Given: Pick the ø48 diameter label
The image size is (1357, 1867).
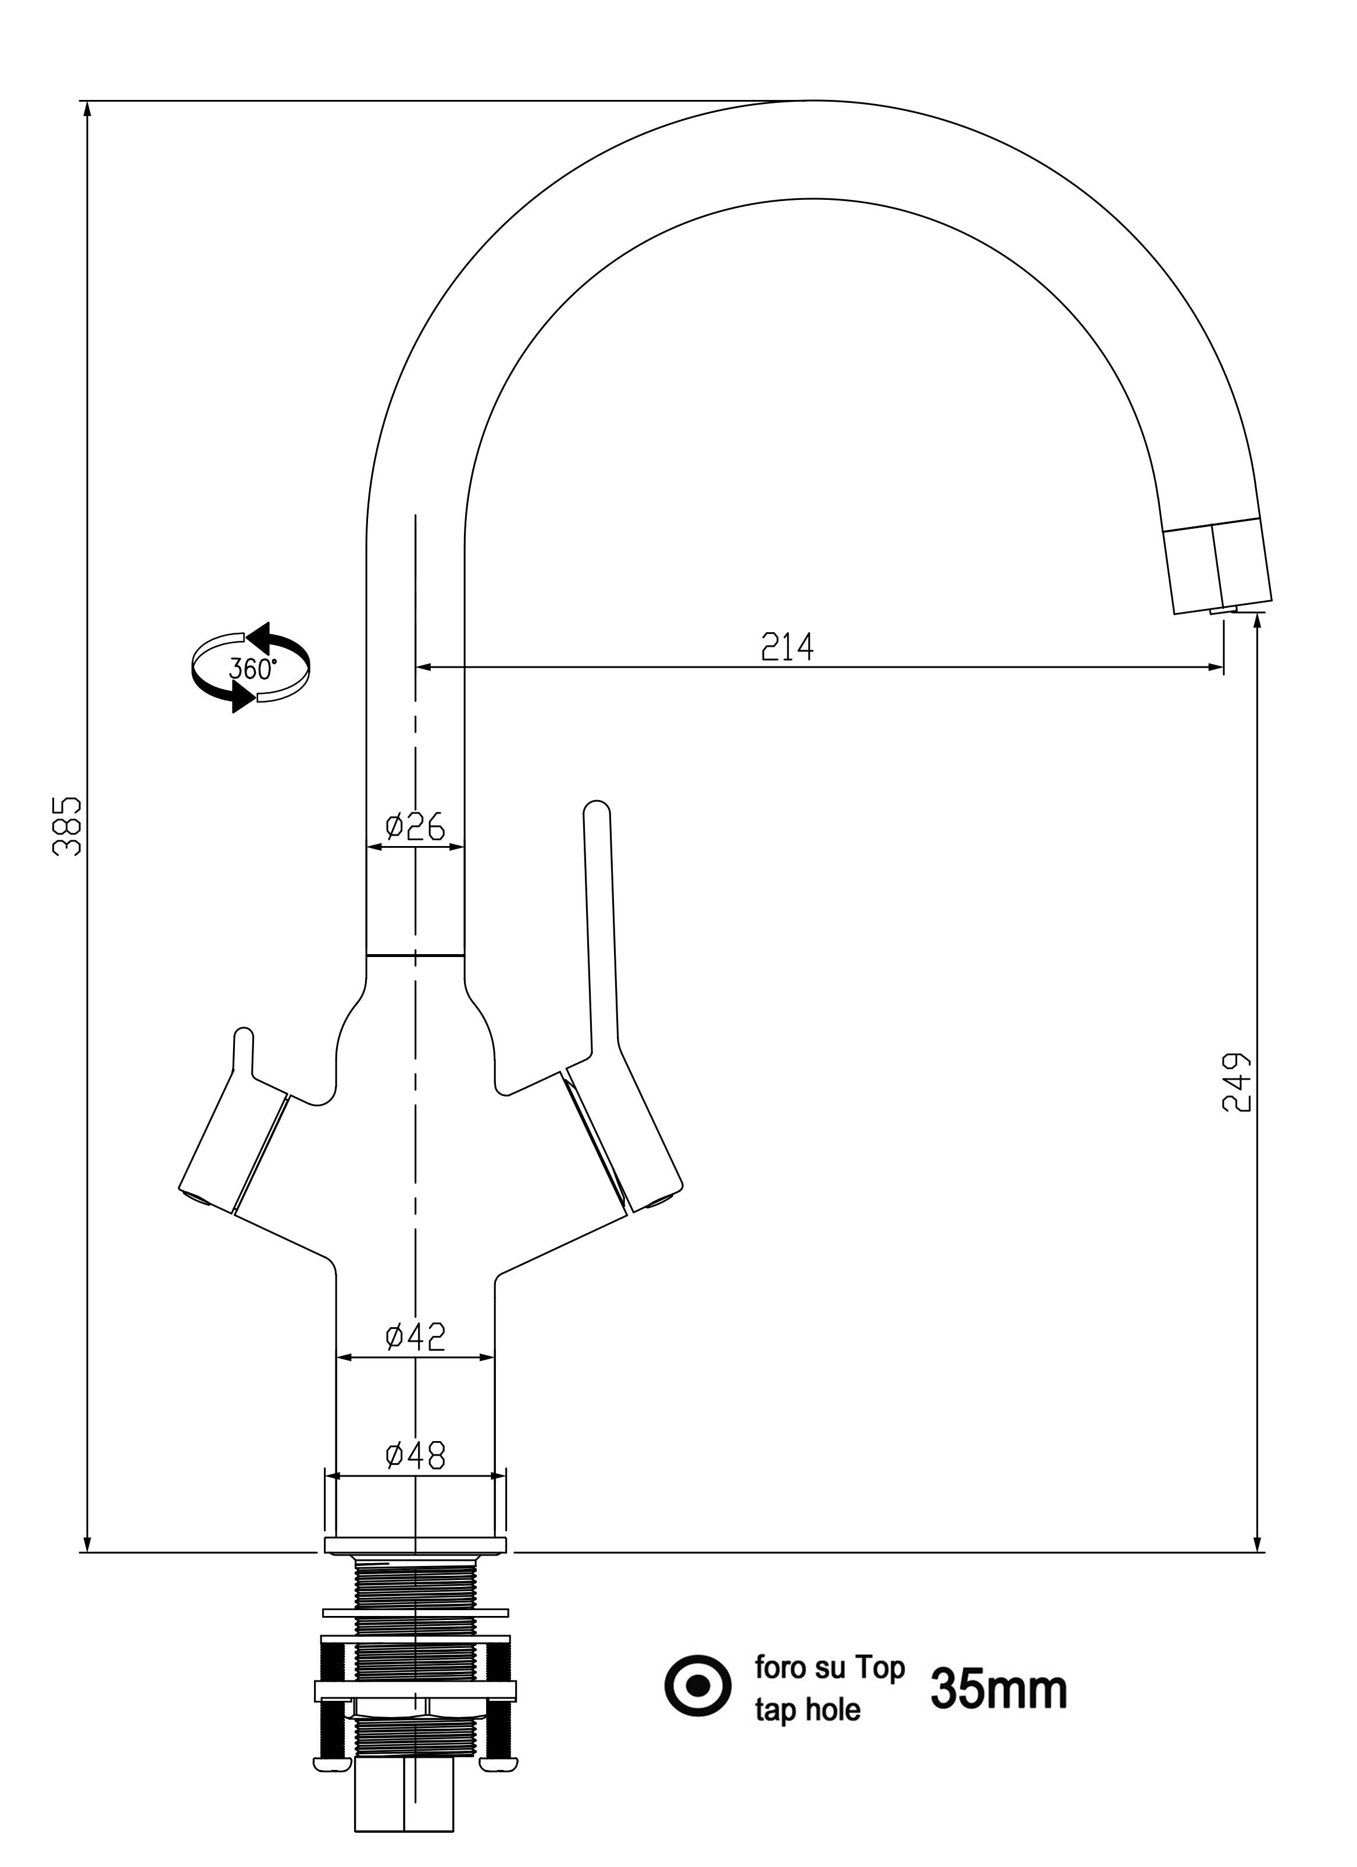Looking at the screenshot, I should click(415, 1456).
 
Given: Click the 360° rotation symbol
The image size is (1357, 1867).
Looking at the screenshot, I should click(251, 668).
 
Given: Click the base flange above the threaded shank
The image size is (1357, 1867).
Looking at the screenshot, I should click(415, 1545).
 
